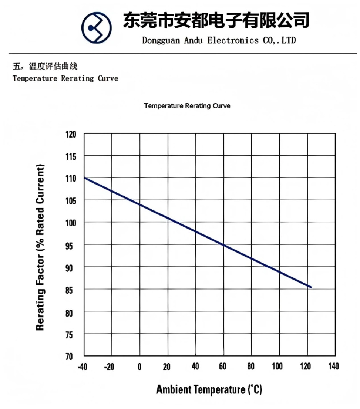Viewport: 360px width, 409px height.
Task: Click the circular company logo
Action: coord(96,28)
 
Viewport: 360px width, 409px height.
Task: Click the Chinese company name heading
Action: coord(216,20)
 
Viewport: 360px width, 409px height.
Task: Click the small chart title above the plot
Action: coord(187,106)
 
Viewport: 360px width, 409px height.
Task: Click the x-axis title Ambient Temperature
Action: coord(209,389)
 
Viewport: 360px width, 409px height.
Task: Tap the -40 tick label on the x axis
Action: coord(83,366)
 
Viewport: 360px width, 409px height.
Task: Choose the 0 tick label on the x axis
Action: coord(139,366)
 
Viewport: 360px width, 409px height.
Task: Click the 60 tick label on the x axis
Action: coord(223,366)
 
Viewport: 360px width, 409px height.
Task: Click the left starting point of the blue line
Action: coord(85,178)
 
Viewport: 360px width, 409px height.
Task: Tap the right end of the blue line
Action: coord(311,287)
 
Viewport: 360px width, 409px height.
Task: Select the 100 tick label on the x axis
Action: coord(277,366)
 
